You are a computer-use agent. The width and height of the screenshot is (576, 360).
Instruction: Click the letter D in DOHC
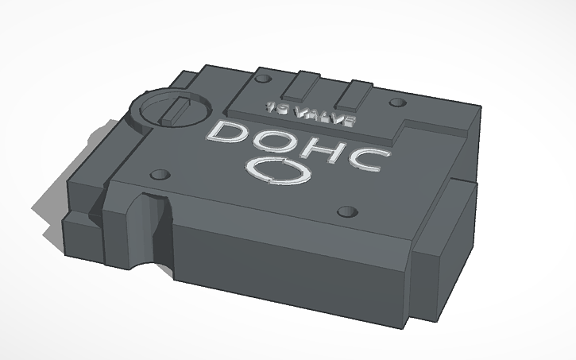tap(226, 137)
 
